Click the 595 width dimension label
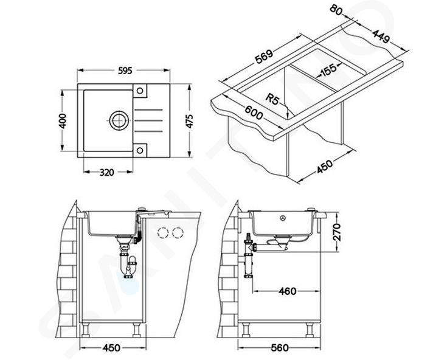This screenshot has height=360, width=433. [125, 71]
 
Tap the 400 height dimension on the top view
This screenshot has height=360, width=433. [63, 120]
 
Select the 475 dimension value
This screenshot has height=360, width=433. [190, 120]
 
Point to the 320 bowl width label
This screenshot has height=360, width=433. [106, 173]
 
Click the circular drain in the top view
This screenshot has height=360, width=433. [119, 120]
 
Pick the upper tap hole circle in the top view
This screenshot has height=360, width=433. [140, 91]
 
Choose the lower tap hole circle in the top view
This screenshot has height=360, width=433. [140, 150]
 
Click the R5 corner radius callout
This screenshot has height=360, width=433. [272, 99]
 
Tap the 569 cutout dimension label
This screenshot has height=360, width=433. [264, 57]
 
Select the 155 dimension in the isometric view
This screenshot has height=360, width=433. [328, 70]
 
